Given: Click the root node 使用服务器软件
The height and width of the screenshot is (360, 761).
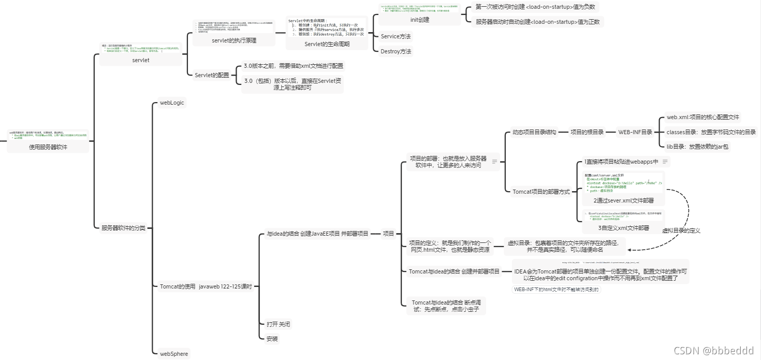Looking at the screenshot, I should pyautogui.click(x=48, y=147).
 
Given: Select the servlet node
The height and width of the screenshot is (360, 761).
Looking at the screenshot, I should pyautogui.click(x=141, y=61).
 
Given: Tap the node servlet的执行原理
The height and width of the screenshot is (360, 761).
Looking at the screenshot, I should pyautogui.click(x=234, y=40).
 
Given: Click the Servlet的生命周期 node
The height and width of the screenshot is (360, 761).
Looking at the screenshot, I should pyautogui.click(x=327, y=44).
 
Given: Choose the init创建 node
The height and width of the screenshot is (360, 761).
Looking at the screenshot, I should pyautogui.click(x=419, y=20).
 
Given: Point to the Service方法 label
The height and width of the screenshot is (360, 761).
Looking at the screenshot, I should pyautogui.click(x=397, y=36).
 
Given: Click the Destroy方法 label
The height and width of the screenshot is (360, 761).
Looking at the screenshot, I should pyautogui.click(x=396, y=51).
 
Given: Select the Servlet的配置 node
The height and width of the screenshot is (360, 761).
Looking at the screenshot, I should pyautogui.click(x=212, y=75).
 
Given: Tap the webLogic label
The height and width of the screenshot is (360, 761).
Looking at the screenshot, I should pyautogui.click(x=172, y=103).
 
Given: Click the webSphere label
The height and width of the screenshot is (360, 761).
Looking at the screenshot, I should pyautogui.click(x=174, y=354).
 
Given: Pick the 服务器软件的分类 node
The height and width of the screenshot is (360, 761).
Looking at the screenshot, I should pyautogui.click(x=123, y=227).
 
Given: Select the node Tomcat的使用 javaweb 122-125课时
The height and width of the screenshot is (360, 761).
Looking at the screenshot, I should pyautogui.click(x=206, y=286).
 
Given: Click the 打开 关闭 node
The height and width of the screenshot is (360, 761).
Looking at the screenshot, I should pyautogui.click(x=279, y=324).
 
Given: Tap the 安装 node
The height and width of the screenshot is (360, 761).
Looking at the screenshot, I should pyautogui.click(x=272, y=339).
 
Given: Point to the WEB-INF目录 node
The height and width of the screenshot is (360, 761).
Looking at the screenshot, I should pyautogui.click(x=635, y=132).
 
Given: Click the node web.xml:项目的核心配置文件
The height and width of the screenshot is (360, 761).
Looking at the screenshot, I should pyautogui.click(x=703, y=118).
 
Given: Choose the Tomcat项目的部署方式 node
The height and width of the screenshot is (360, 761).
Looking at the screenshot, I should pyautogui.click(x=541, y=192).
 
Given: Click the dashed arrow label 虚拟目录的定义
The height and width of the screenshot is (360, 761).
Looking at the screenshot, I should pyautogui.click(x=681, y=231).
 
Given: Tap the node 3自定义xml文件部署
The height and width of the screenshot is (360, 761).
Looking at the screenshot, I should pyautogui.click(x=623, y=227).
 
